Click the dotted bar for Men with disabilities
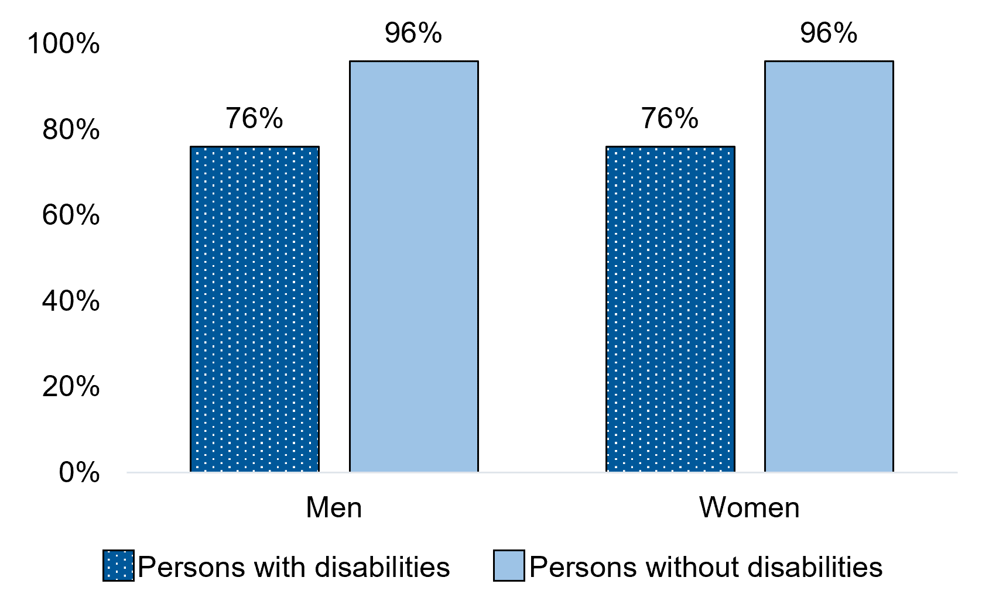[x=255, y=308]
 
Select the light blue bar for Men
[x=413, y=266]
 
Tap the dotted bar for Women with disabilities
[x=670, y=308]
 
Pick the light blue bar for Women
[x=829, y=266]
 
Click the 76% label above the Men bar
[x=255, y=119]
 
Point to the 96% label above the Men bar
[x=413, y=33]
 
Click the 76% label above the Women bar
[x=670, y=119]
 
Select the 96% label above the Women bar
[x=829, y=33]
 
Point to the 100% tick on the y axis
[x=63, y=44]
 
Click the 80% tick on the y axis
[x=70, y=130]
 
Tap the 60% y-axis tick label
[x=70, y=215]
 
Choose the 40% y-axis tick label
[x=70, y=301]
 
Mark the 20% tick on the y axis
[x=70, y=386]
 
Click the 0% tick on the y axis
[x=78, y=472]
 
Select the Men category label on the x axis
[x=334, y=507]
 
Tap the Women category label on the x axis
[x=749, y=507]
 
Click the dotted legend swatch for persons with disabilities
[x=118, y=565]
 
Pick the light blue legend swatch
[x=508, y=565]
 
